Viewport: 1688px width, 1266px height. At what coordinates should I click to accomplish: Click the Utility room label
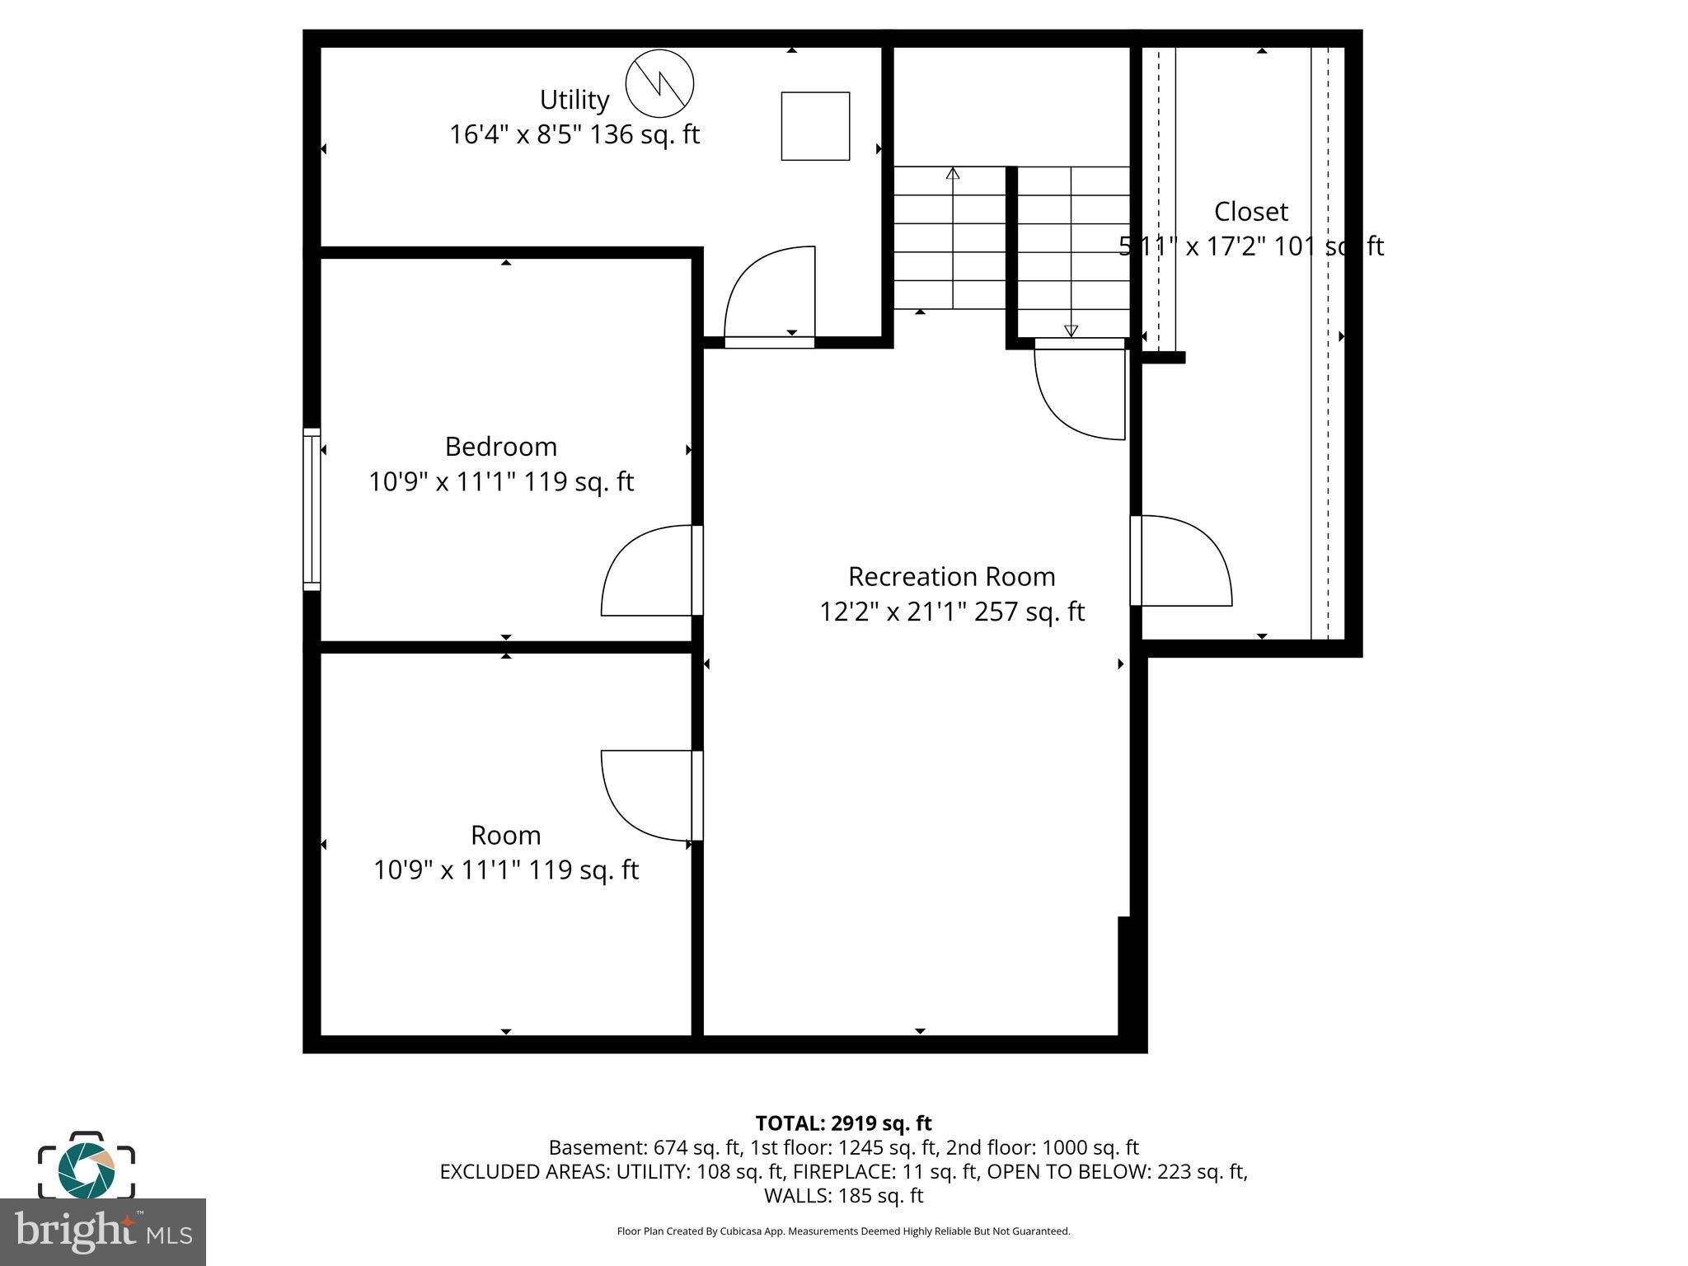point(574,100)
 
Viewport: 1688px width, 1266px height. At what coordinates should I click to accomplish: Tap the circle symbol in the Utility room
point(659,83)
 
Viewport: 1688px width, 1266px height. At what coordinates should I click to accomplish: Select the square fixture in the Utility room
point(815,126)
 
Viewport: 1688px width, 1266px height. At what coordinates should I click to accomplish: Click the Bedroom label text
point(501,447)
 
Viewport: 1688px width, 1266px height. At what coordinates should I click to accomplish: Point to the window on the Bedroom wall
point(312,509)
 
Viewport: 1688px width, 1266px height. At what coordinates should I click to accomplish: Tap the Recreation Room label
point(951,576)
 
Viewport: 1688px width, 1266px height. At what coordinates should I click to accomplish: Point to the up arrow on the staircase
point(953,173)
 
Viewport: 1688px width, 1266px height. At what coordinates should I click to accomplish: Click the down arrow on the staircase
point(1071,331)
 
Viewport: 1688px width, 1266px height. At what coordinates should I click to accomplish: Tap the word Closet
point(1250,212)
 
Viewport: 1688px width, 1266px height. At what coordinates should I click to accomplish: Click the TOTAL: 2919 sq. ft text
point(843,1123)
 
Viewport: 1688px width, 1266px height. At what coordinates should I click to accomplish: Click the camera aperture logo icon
point(87,1169)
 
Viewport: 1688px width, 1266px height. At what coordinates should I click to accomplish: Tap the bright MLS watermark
point(103,1231)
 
